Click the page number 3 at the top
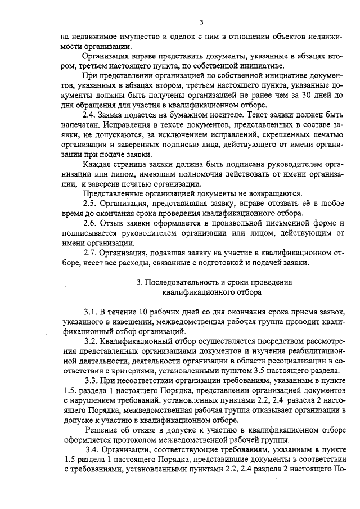(x=201, y=22)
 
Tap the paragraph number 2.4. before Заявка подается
(x=91, y=115)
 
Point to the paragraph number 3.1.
(x=91, y=312)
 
